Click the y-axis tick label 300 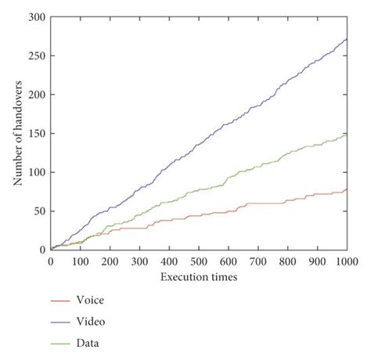(x=36, y=17)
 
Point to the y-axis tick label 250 (x=36, y=56)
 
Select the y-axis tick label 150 (x=36, y=134)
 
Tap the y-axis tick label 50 (x=38, y=211)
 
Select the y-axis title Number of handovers (x=16, y=134)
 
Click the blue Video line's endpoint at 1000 (x=347, y=38)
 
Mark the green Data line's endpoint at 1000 (x=347, y=134)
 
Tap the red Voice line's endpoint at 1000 (x=347, y=189)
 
